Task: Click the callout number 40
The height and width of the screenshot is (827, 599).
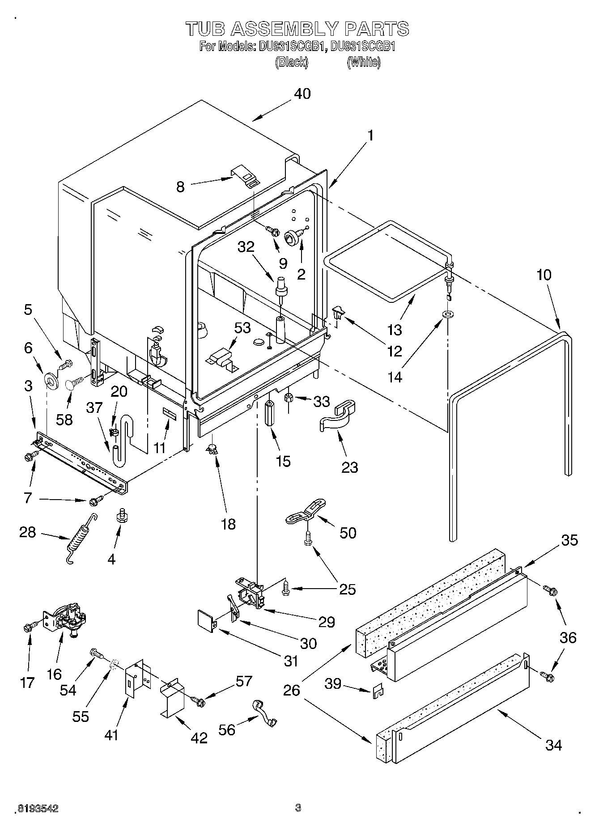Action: pyautogui.click(x=302, y=94)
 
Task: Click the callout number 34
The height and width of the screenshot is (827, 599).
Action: pyautogui.click(x=553, y=745)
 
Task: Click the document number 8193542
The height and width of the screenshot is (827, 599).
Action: pyautogui.click(x=38, y=809)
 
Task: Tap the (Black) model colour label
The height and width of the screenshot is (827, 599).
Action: pyautogui.click(x=291, y=62)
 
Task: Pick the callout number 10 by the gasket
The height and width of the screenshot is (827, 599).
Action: pyautogui.click(x=544, y=275)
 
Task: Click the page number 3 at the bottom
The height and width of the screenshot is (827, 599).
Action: pyautogui.click(x=298, y=808)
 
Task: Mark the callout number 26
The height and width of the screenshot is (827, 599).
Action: pyautogui.click(x=292, y=691)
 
